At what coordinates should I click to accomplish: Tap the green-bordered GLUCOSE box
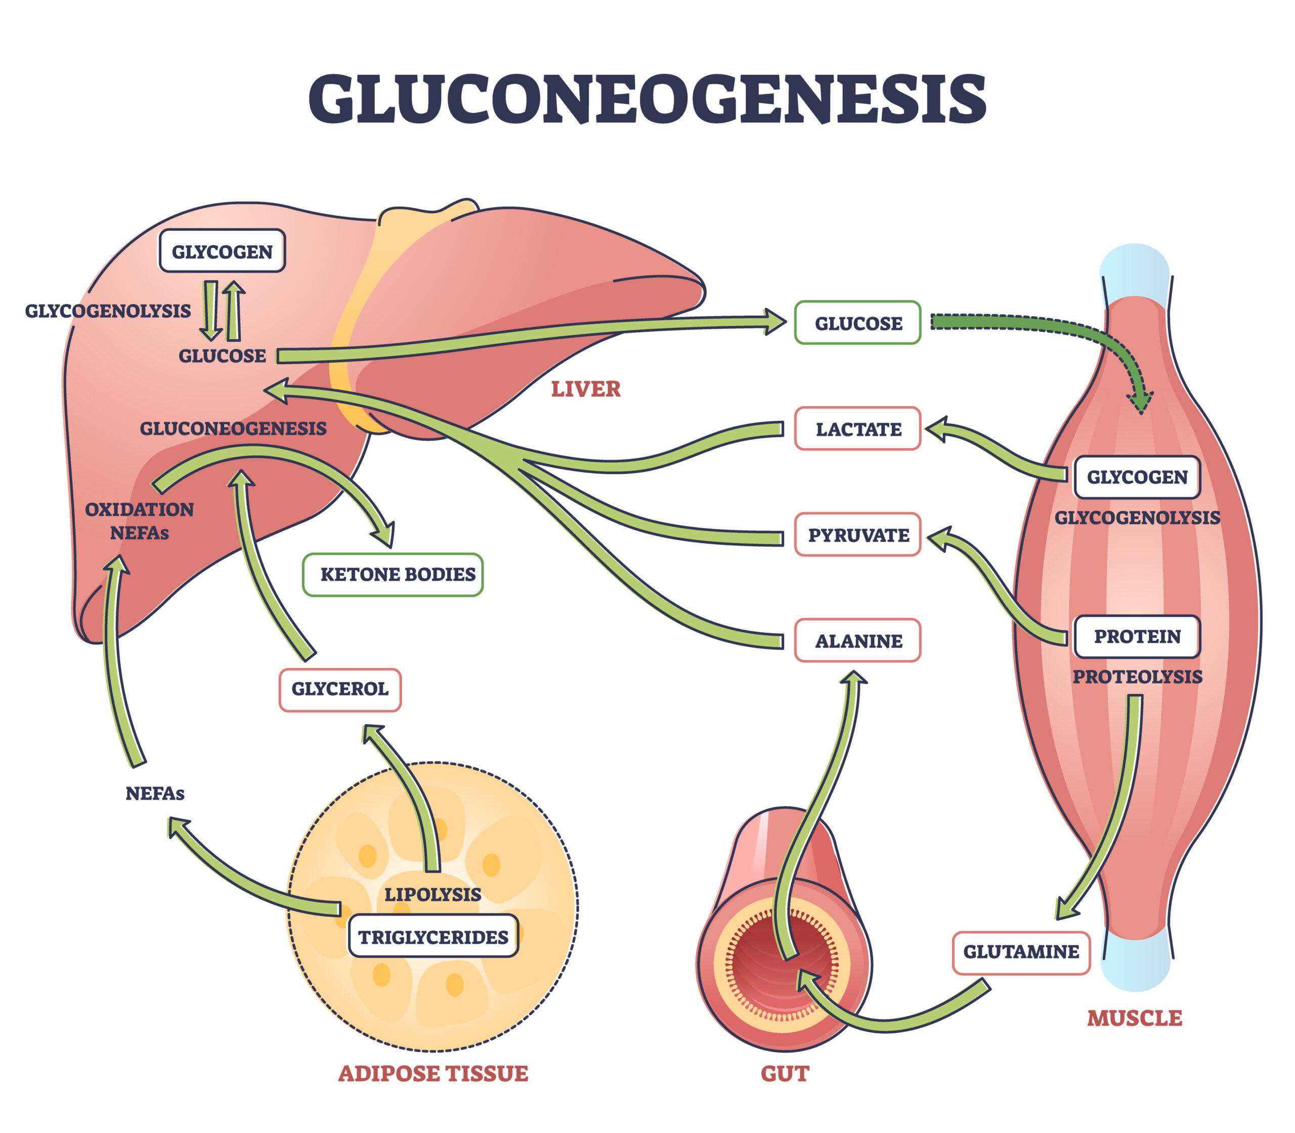pos(857,323)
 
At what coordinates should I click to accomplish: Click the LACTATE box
pos(857,429)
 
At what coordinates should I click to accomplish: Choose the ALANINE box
pos(857,640)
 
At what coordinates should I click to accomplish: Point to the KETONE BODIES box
pos(393,574)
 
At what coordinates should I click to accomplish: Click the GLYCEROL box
pos(339,688)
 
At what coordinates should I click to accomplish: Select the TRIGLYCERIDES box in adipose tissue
pos(433,936)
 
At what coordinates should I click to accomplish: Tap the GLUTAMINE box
pos(1021,951)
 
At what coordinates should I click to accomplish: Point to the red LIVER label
pos(586,389)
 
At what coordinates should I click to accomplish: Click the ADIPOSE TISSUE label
pos(433,1073)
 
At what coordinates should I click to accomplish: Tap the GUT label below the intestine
pos(785,1073)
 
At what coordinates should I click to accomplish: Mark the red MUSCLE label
pos(1134,1018)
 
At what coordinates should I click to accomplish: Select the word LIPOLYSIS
pos(433,894)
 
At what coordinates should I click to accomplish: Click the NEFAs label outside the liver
pos(155,793)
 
